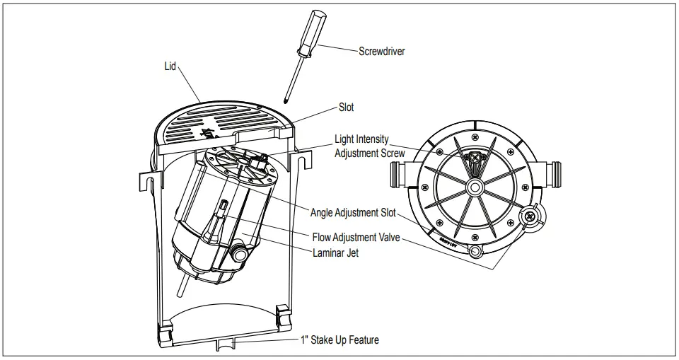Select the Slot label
point(346,108)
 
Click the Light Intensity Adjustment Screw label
point(369,146)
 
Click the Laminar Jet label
point(335,252)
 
